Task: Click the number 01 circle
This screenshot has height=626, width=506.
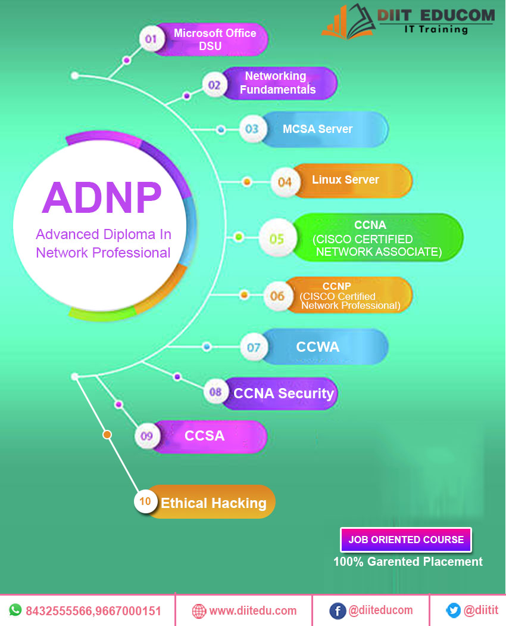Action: pos(151,40)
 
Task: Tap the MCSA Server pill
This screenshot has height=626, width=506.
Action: pos(317,129)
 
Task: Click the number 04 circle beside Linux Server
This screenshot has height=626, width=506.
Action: pos(285,182)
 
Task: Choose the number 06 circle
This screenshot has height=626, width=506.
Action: pos(277,296)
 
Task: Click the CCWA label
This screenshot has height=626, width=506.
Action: pos(318,346)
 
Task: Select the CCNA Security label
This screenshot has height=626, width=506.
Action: pos(283,393)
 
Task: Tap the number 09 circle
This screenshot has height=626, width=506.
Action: pos(146,436)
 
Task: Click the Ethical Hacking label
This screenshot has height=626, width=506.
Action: pos(213,503)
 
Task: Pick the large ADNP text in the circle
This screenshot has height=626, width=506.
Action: pos(102,197)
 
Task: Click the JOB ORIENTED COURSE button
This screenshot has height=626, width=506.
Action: pos(406,540)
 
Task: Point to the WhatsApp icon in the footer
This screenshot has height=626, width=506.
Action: pos(14,610)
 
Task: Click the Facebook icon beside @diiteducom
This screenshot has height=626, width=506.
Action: pos(337,610)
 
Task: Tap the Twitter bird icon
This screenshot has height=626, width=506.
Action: pos(453,610)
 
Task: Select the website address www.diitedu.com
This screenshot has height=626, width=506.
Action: pos(253,610)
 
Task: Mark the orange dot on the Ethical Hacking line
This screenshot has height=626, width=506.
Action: pos(107,435)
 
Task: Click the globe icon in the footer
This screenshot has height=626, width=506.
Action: pos(199,610)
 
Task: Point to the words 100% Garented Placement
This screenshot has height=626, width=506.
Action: pos(408,562)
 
